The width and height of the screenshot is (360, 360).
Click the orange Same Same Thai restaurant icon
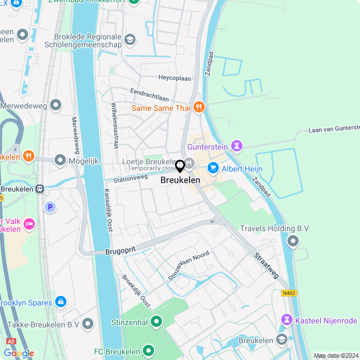pos(198,107)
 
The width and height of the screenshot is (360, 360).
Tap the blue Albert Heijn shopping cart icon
pos(213,168)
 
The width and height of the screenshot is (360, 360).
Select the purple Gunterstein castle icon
pos(236,147)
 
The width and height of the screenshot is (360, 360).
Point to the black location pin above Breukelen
pos(180,166)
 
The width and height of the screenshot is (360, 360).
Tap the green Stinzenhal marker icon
pos(156,322)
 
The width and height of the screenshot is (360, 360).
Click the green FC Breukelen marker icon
pos(148,350)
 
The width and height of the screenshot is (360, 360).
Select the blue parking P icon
pos(50,207)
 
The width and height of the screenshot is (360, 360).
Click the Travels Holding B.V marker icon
pos(292,241)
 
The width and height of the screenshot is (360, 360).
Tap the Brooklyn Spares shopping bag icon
pos(61,302)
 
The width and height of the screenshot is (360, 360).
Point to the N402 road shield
pos(289,292)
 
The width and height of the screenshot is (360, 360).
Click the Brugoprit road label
pos(120,251)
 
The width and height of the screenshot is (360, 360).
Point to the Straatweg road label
pos(266,266)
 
